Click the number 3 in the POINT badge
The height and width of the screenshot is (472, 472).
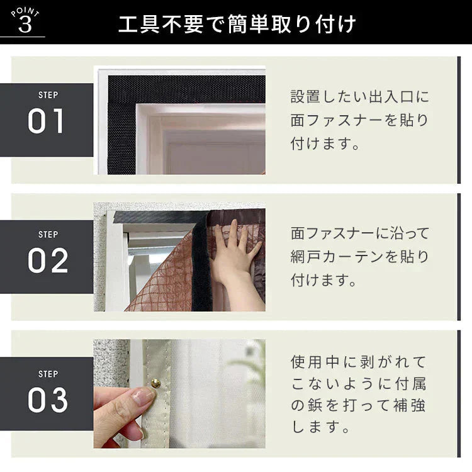[x=25, y=26]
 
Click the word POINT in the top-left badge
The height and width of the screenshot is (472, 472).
[x=25, y=13]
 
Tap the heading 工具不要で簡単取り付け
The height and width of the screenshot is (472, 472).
[x=237, y=24]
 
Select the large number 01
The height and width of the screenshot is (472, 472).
[x=47, y=122]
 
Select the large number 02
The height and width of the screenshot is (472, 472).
[x=47, y=261]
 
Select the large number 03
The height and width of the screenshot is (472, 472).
[x=47, y=399]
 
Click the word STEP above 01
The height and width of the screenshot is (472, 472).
[x=48, y=96]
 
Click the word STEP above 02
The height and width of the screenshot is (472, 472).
[x=48, y=234]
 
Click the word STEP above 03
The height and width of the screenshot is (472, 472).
[x=48, y=373]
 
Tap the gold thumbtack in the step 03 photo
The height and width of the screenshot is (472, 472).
[x=154, y=383]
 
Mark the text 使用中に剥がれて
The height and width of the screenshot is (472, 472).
[x=359, y=362]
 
